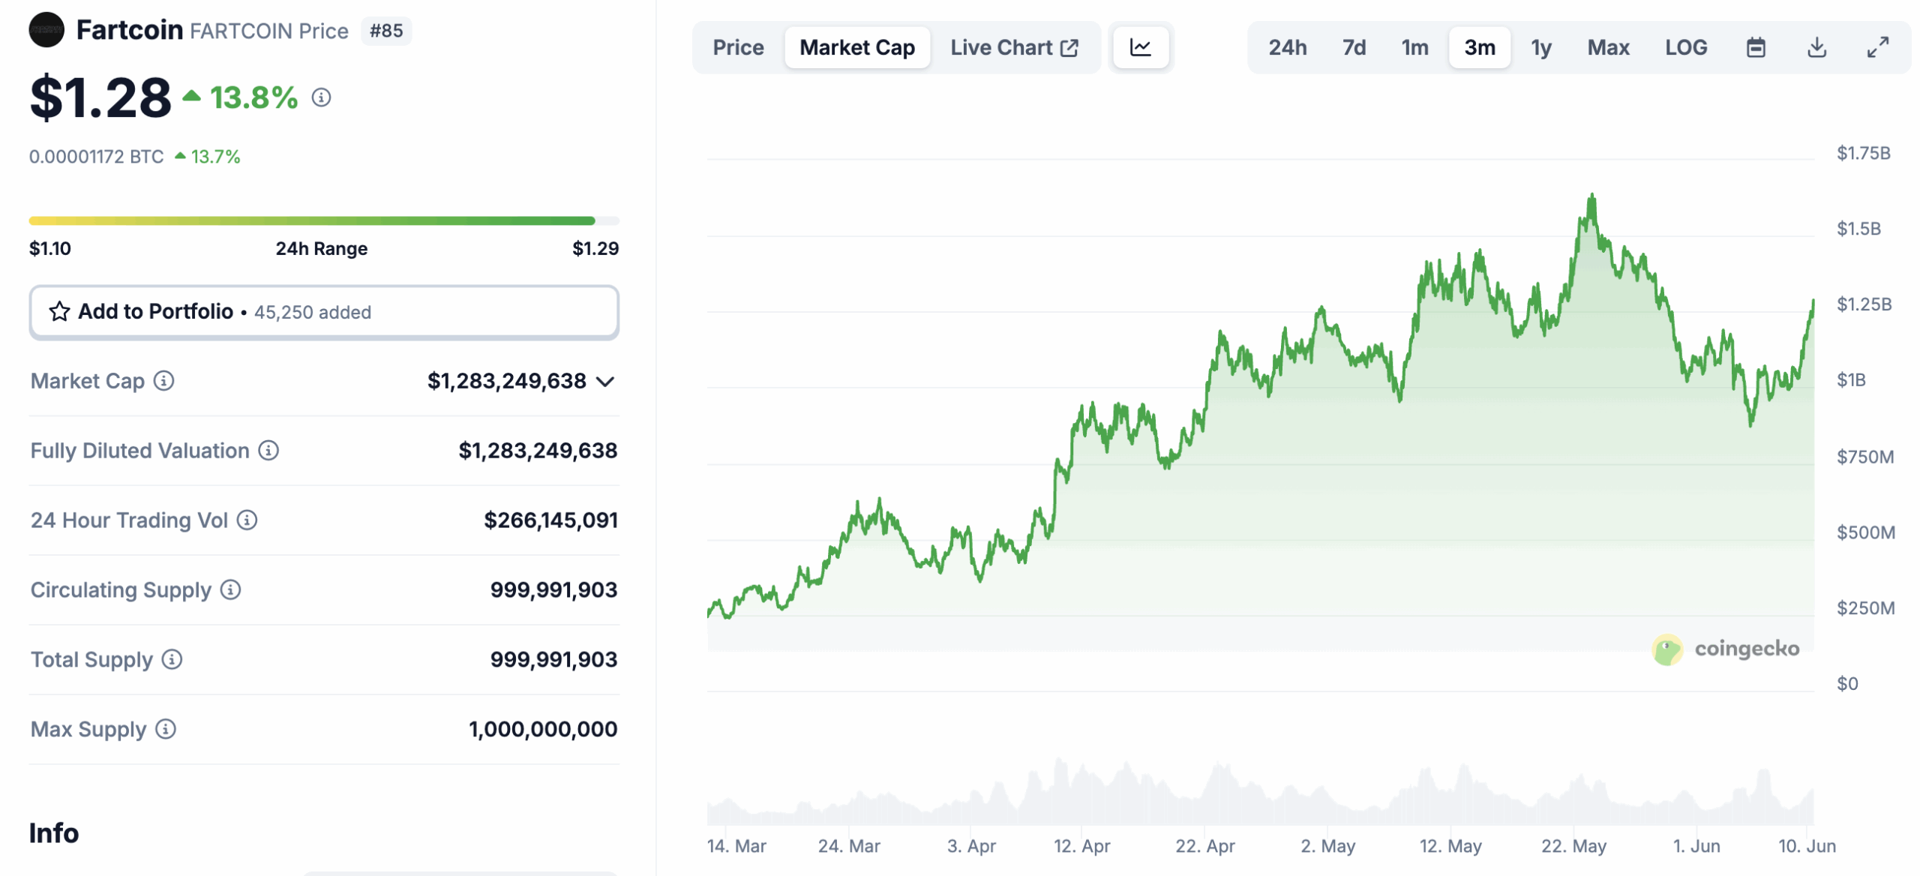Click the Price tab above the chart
click(737, 48)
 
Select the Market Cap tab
click(856, 48)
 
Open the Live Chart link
click(1013, 48)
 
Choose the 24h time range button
click(1287, 48)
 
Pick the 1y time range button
click(1540, 48)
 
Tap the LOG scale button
click(1685, 48)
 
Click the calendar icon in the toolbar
click(1755, 48)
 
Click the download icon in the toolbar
click(1816, 48)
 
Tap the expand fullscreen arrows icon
click(1876, 48)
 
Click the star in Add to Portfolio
click(59, 311)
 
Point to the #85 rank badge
click(385, 31)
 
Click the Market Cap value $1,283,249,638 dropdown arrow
click(605, 382)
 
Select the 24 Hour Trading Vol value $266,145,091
click(550, 520)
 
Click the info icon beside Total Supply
click(172, 659)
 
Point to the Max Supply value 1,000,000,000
click(542, 729)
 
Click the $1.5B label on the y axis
click(1858, 229)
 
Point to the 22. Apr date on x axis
click(1204, 846)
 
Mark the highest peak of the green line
click(1591, 196)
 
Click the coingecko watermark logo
click(1666, 649)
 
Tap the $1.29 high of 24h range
click(595, 248)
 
